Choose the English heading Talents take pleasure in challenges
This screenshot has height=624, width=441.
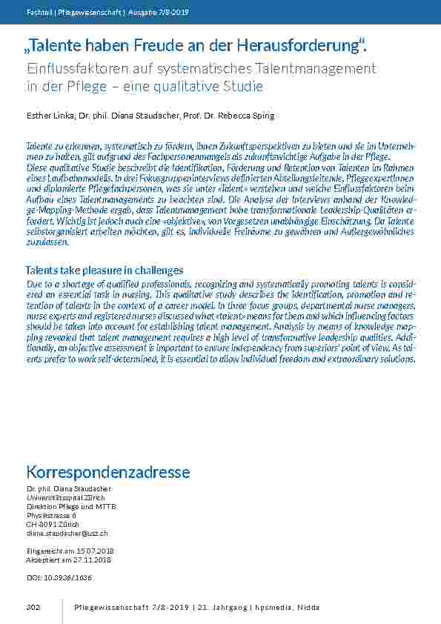click(105, 270)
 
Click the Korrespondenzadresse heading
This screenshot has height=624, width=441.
click(108, 472)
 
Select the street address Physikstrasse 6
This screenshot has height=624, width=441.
click(51, 515)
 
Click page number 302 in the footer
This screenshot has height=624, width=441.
click(33, 608)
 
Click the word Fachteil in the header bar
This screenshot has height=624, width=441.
click(38, 12)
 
